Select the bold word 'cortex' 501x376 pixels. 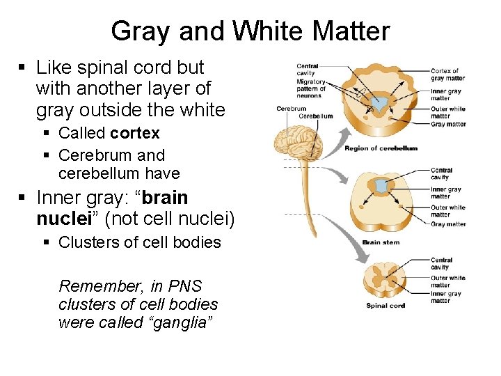[x=134, y=133]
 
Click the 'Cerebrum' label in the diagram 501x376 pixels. [x=291, y=109]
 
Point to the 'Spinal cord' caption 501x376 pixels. [x=385, y=306]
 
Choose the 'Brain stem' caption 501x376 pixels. [x=381, y=242]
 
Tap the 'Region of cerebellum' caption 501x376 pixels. [x=381, y=148]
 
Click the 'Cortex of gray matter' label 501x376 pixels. [x=447, y=75]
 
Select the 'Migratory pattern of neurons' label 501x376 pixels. [x=310, y=88]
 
